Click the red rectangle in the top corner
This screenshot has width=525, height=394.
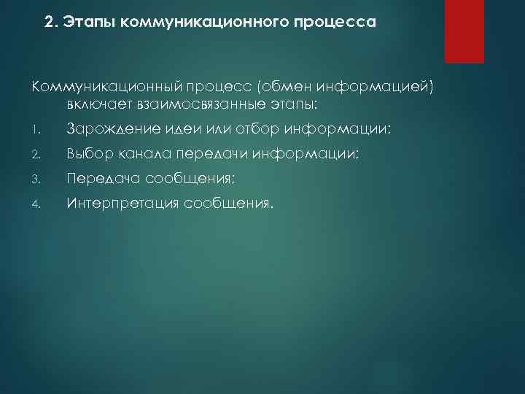464,31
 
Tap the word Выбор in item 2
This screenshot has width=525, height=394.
89,154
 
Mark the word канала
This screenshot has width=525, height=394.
143,154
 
